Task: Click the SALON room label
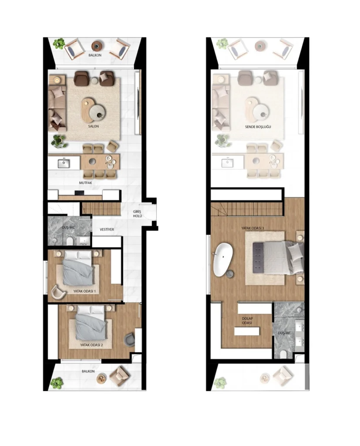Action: coord(93,127)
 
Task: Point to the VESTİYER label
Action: coord(110,230)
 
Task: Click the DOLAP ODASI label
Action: coord(248,321)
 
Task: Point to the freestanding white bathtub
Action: coord(223,260)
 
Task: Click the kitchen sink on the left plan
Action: coord(64,164)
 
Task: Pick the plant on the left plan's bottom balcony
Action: coord(57,383)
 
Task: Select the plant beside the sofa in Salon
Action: coord(58,141)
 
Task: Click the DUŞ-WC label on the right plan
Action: coord(284,333)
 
